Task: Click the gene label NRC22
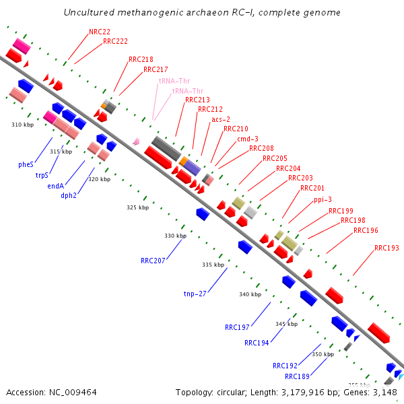[x=100, y=32]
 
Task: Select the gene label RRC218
[x=141, y=59]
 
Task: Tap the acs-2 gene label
[x=221, y=119]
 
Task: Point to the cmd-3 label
[x=247, y=139]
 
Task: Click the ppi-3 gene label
[x=323, y=199]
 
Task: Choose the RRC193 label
[x=386, y=248]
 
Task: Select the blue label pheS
[x=26, y=164]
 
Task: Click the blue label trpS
[x=42, y=175]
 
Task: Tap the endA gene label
[x=56, y=186]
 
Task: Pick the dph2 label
[x=69, y=196]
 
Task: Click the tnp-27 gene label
[x=195, y=294]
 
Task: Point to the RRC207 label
[x=154, y=260]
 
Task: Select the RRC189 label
[x=297, y=376]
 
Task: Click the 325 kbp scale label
[x=137, y=207]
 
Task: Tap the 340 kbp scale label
[x=250, y=294]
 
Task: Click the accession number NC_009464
[x=69, y=392]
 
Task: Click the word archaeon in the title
[x=185, y=13]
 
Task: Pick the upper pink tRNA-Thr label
[x=174, y=80]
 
